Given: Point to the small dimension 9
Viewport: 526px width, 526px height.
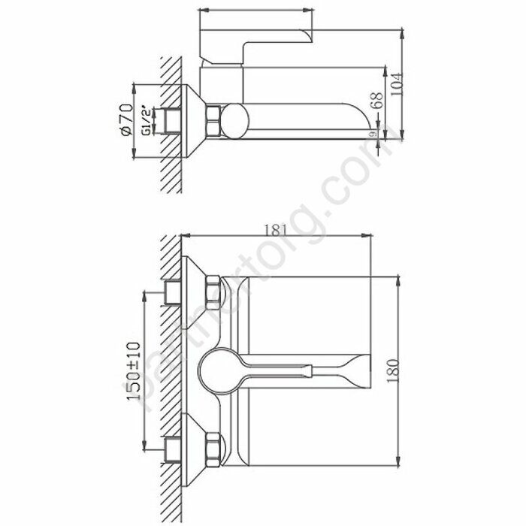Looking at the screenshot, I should click(373, 134).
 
